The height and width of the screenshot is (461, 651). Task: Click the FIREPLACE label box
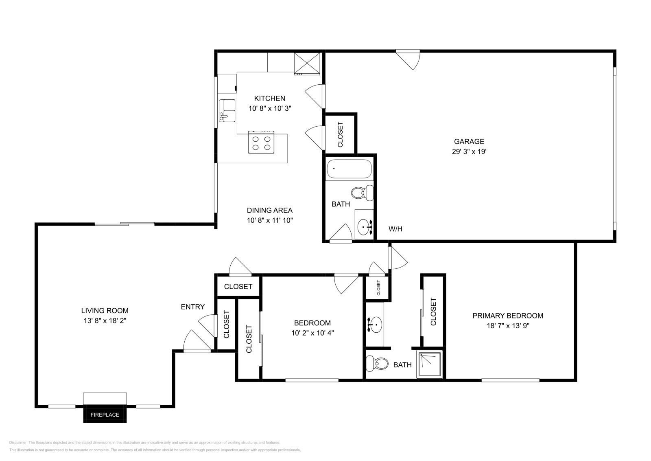click(105, 415)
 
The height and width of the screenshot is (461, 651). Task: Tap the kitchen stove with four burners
click(261, 143)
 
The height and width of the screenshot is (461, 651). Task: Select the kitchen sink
click(227, 111)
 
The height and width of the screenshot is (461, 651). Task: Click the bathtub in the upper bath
click(349, 170)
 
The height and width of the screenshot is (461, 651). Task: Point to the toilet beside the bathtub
click(362, 193)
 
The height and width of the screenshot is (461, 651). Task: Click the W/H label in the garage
click(395, 229)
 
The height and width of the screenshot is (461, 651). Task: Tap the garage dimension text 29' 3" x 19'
click(469, 151)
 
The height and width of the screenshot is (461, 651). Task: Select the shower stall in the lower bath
click(430, 364)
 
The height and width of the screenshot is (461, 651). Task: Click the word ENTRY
click(192, 307)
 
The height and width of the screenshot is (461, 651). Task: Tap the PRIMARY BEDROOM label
click(507, 316)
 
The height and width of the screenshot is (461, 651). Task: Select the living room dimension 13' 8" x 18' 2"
click(105, 321)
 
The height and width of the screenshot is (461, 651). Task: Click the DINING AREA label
click(269, 210)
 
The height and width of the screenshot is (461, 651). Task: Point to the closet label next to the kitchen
click(340, 134)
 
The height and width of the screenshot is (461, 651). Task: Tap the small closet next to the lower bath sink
click(378, 288)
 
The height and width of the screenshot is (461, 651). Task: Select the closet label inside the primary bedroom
click(433, 312)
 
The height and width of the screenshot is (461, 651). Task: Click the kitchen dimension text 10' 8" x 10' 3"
click(269, 108)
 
